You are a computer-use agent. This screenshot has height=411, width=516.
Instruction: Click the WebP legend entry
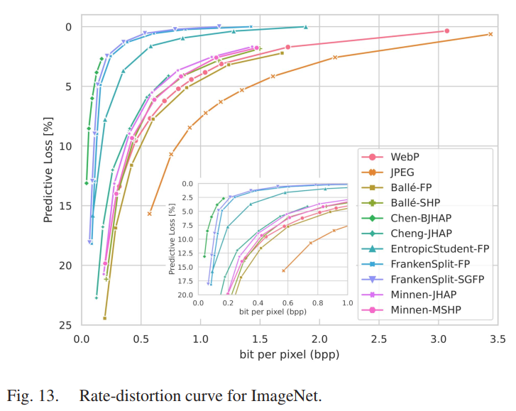(402, 156)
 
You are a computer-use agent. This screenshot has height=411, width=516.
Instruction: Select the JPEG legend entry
(402, 172)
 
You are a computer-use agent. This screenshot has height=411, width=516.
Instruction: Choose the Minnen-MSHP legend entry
(422, 310)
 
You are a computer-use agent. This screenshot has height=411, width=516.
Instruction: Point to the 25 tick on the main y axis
(65, 325)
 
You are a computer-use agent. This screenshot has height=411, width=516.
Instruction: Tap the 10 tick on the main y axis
(65, 146)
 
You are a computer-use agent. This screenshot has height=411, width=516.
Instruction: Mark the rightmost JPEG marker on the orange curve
(490, 34)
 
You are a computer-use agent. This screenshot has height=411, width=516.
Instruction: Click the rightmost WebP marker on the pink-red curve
(446, 31)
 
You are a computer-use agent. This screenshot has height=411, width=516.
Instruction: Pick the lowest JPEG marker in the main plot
(149, 214)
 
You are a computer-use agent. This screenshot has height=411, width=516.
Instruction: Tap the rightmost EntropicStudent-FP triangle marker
(305, 27)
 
